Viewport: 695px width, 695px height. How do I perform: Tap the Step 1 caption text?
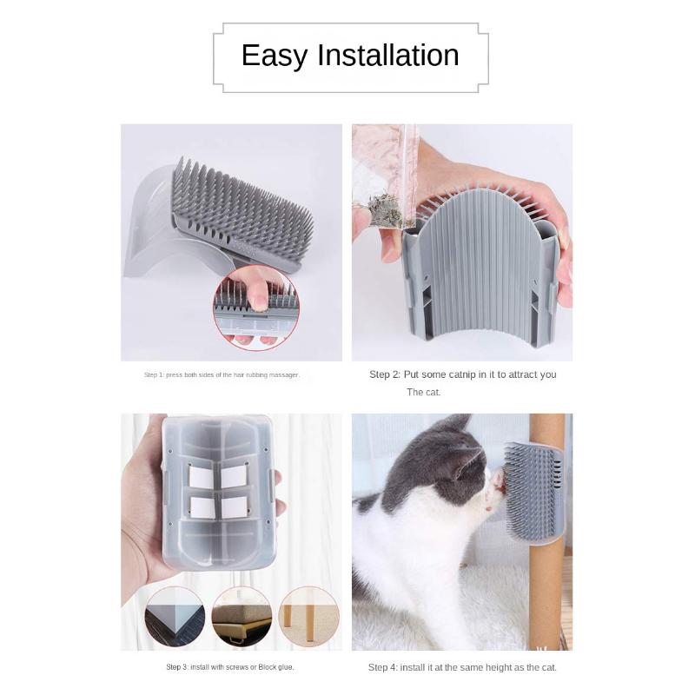pyautogui.click(x=222, y=375)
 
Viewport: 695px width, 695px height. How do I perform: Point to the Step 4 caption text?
pyautogui.click(x=462, y=667)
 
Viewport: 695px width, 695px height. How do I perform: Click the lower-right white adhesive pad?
pyautogui.click(x=234, y=506)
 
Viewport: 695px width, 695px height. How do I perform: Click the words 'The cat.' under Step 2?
pyautogui.click(x=424, y=393)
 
